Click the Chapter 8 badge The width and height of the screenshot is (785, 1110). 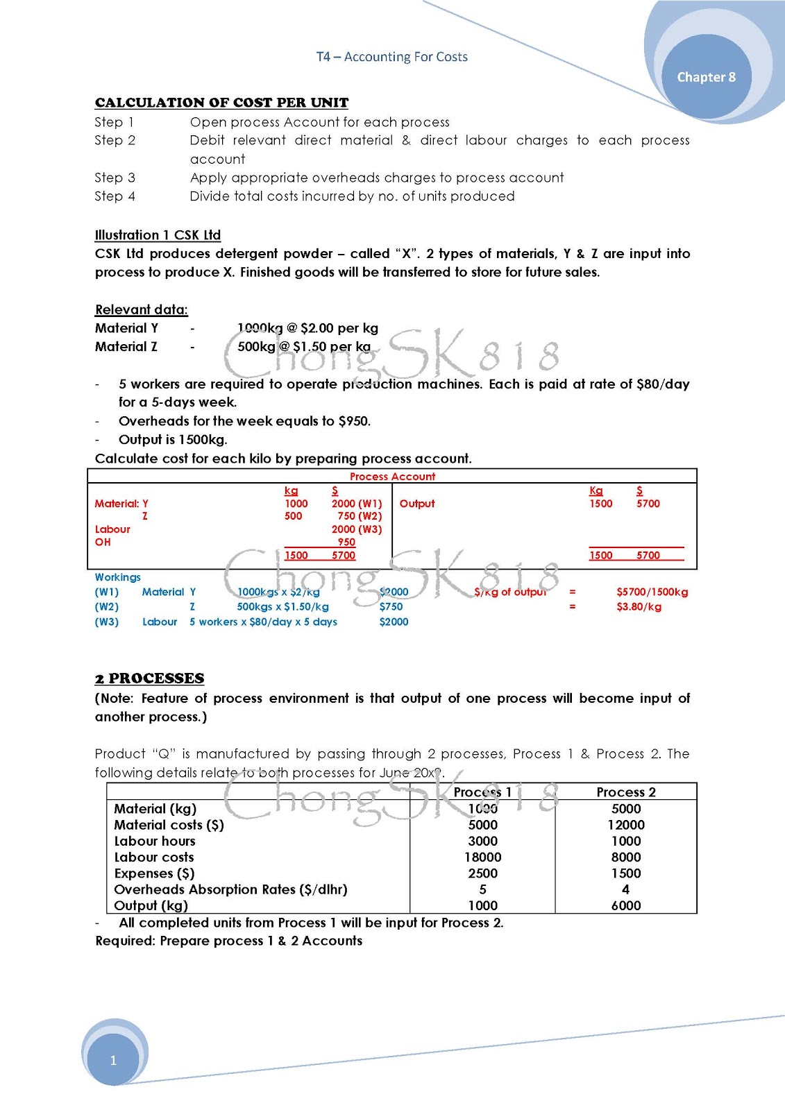(x=706, y=77)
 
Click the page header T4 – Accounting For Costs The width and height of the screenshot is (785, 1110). (x=392, y=57)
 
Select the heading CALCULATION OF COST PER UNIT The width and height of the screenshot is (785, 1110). (x=221, y=103)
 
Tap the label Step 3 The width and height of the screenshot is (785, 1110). (x=115, y=178)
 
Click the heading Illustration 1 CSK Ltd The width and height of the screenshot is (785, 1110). (x=158, y=235)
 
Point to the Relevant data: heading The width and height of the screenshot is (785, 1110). (x=142, y=309)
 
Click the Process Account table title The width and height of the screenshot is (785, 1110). (x=392, y=477)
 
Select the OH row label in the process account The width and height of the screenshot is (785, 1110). (x=103, y=542)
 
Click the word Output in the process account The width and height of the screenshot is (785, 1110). (x=417, y=504)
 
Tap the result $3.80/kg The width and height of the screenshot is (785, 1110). (x=639, y=607)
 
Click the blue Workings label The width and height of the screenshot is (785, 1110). (x=117, y=577)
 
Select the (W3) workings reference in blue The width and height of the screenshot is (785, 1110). (x=106, y=622)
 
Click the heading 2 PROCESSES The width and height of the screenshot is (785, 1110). (x=149, y=678)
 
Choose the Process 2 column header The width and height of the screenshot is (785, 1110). (x=625, y=792)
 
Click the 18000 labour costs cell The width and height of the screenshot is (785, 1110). (x=482, y=857)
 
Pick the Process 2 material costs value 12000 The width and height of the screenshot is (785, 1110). (x=625, y=825)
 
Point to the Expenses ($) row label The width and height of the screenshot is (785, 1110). (x=154, y=873)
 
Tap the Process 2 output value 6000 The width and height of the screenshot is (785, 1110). (x=625, y=905)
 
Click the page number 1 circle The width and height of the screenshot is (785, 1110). (x=113, y=1059)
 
